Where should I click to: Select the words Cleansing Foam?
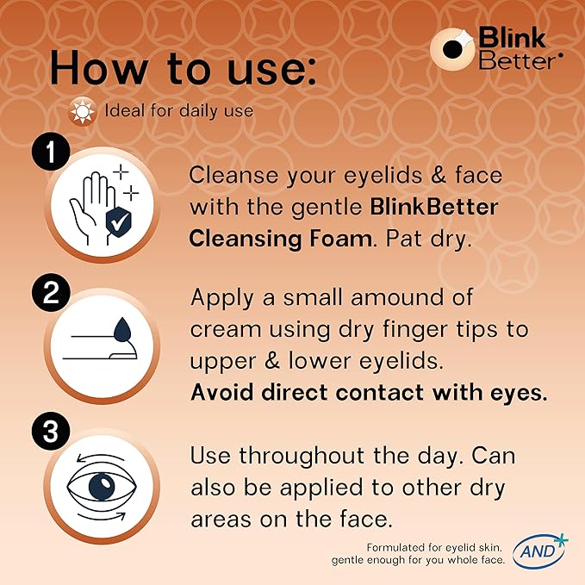pyautogui.click(x=282, y=238)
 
